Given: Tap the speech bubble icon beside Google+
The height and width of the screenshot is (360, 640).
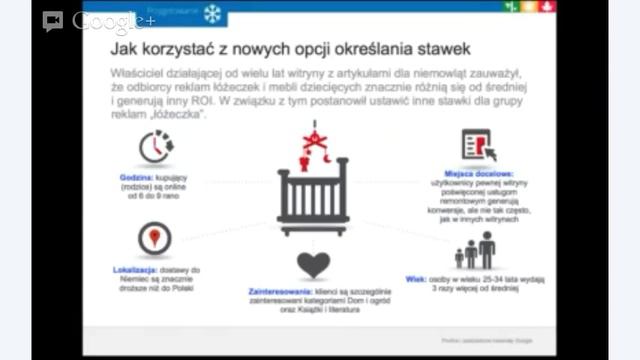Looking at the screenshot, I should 53,21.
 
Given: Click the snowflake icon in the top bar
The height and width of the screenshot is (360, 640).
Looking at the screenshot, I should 212,14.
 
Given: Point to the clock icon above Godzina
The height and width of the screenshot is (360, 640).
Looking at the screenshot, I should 155,146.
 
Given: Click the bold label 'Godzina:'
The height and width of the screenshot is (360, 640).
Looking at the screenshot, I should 138,177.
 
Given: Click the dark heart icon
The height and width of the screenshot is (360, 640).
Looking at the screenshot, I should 313,265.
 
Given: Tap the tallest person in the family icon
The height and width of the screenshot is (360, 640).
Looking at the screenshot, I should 486,249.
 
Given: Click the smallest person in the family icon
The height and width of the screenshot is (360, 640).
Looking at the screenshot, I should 459,258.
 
